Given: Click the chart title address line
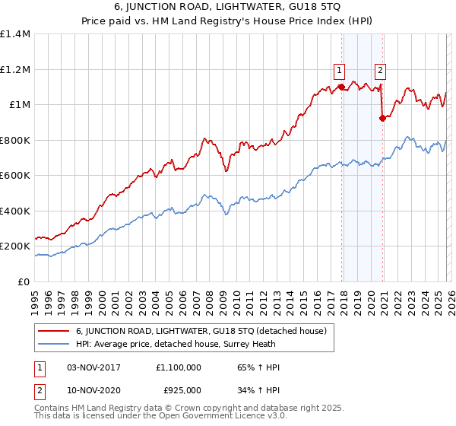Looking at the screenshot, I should (x=228, y=8).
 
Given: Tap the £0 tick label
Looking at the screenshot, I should (x=24, y=281).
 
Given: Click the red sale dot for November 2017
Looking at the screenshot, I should (x=342, y=87).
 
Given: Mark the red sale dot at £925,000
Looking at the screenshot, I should (x=383, y=118).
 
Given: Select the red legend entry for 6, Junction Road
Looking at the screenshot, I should (x=201, y=332).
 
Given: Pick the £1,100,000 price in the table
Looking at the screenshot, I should (x=180, y=367).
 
